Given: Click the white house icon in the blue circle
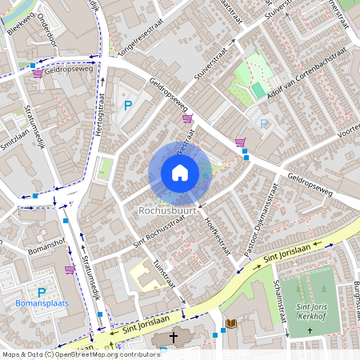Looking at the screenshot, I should click(x=179, y=173).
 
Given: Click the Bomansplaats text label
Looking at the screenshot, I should click(x=42, y=303).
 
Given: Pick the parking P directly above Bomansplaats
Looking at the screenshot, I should click(x=42, y=292).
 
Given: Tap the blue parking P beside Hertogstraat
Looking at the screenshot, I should click(x=126, y=105).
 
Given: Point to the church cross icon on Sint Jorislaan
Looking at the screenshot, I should click(x=173, y=338).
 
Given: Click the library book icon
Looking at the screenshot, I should click(x=231, y=323).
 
